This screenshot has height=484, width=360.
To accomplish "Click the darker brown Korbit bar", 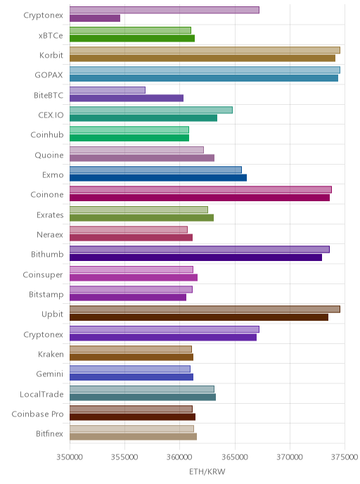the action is pos(202,58).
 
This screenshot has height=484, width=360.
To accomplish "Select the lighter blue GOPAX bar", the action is pos(205,70).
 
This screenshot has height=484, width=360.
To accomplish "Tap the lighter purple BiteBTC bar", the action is pos(108,90).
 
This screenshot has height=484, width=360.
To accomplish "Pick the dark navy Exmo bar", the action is pos(158,178).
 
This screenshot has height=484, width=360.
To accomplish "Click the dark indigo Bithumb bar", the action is pos(196,257).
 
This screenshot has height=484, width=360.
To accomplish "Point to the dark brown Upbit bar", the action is pos(199,317).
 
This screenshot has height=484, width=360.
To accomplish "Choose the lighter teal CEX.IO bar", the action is pos(151,110).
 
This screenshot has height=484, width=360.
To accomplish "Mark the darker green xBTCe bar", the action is pos(132,38).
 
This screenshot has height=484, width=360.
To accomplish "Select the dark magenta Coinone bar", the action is pos(200,198).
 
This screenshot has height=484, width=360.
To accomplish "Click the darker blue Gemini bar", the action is pos(131,377).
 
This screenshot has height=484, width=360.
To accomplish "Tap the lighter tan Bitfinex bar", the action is pos(131,428).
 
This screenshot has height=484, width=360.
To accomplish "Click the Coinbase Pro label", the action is pos(37,414).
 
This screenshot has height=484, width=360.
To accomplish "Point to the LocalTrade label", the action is pos(41,394).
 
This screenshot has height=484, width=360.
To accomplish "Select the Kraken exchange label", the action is pos(51,354).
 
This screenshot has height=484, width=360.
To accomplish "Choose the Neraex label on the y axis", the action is pos(50,234).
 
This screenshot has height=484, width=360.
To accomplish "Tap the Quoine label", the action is pos(49,155).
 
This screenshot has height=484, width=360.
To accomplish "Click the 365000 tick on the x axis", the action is pos(235,457).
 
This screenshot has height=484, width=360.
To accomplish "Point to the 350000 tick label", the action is pos(70,457).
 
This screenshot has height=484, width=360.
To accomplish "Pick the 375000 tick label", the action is pos(345,457).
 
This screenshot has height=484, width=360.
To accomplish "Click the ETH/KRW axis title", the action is pos(207,471).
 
